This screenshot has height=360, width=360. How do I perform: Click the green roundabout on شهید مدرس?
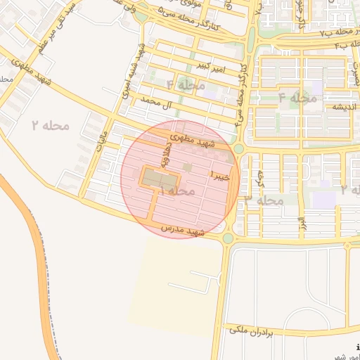click(x=228, y=238)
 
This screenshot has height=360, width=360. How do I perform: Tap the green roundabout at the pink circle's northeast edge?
click(x=238, y=148)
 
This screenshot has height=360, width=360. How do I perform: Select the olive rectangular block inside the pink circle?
click(x=153, y=178)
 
